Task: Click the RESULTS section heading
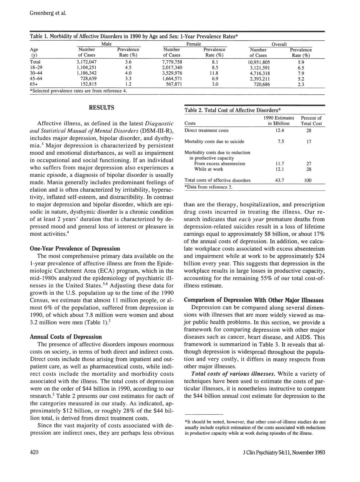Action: [101, 108]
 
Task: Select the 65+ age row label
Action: [34, 84]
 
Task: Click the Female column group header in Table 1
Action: [194, 44]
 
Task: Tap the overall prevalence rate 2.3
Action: [301, 84]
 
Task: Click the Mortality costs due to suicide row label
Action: [214, 141]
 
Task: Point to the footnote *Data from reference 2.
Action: [208, 187]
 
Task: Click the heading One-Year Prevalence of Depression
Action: [75, 248]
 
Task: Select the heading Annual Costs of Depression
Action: [65, 337]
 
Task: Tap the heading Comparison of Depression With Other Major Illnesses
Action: [253, 300]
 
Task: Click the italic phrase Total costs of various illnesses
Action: [233, 374]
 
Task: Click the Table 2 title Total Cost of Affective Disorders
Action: [233, 110]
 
